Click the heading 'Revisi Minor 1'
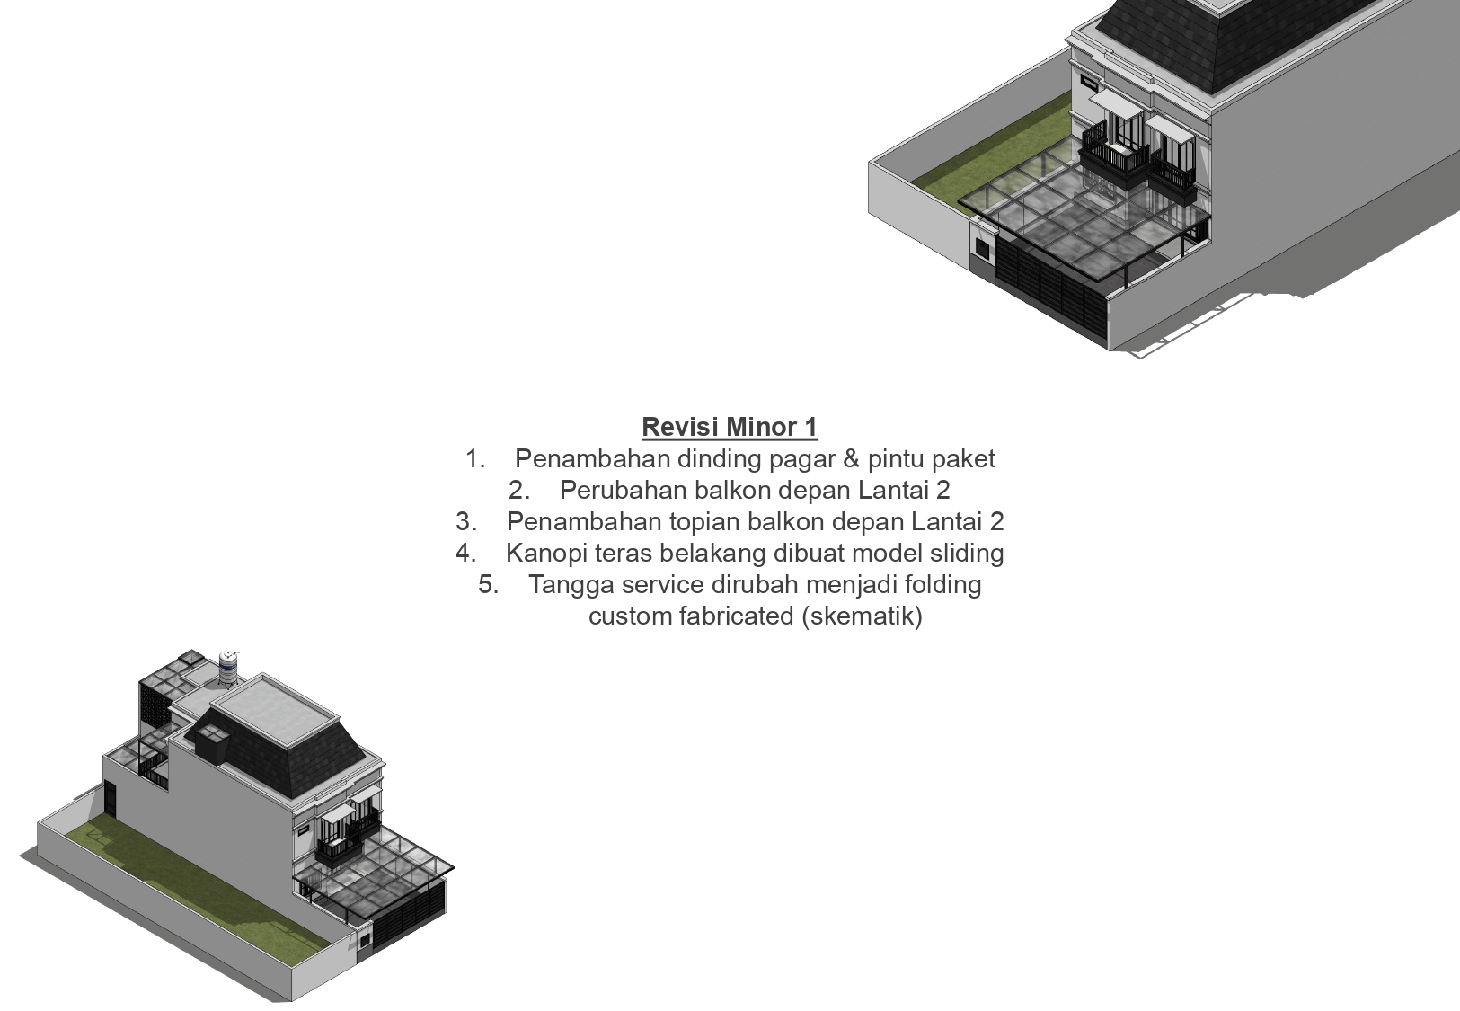tap(730, 427)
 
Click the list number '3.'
tap(466, 522)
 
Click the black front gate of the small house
tap(409, 921)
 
